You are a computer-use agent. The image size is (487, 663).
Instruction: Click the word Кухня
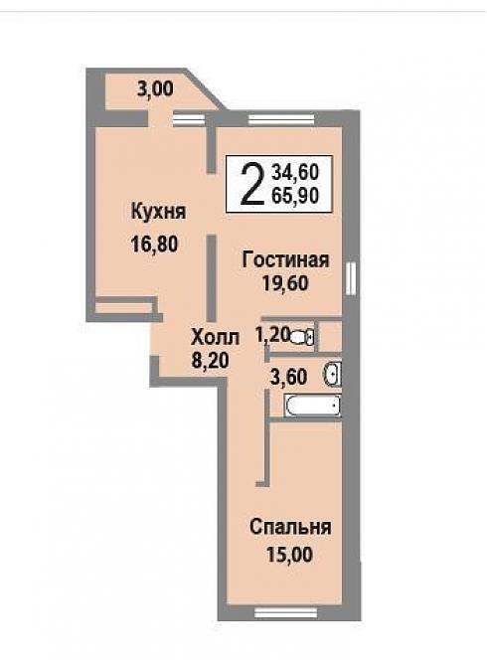[x=159, y=212]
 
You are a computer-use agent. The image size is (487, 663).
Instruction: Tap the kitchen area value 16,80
[x=154, y=244]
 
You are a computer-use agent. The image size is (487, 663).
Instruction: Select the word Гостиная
[x=285, y=259]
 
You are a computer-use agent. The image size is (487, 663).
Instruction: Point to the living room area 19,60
[x=285, y=283]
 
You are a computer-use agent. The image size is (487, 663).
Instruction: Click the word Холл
[x=216, y=338]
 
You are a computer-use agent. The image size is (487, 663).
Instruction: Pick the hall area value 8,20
[x=210, y=361]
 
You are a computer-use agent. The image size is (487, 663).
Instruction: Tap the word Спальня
[x=290, y=527]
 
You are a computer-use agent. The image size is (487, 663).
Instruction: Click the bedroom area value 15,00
[x=290, y=555]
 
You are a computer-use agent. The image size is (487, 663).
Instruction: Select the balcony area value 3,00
[x=155, y=89]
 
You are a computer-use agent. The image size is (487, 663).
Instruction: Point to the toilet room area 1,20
[x=271, y=335]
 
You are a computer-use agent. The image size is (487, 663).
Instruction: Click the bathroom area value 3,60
[x=289, y=377]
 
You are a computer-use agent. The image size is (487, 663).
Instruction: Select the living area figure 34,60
[x=295, y=172]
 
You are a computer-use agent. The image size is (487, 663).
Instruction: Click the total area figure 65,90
[x=295, y=196]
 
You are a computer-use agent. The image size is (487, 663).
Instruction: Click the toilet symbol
[x=302, y=337]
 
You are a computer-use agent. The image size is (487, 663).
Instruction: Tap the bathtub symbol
[x=313, y=406]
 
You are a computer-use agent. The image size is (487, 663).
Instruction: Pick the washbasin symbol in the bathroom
[x=333, y=374]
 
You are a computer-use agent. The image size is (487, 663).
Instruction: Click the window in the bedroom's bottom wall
[x=286, y=612]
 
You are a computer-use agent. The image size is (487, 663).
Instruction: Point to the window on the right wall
[x=350, y=277]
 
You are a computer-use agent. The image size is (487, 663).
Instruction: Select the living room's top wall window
[x=281, y=119]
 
